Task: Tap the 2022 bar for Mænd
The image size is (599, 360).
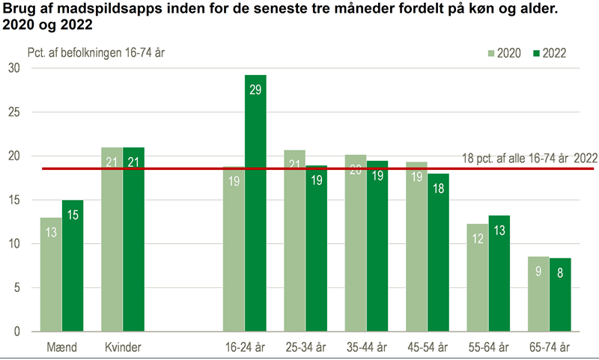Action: [73, 266]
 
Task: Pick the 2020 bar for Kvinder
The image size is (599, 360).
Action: [112, 240]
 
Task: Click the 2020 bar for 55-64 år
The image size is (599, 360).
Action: [478, 278]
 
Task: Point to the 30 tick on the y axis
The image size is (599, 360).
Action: [14, 68]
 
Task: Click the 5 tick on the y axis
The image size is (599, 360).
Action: [17, 288]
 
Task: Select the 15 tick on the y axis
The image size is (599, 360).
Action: [14, 201]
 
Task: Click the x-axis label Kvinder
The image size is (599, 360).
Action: [123, 347]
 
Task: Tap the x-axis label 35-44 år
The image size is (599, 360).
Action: [366, 347]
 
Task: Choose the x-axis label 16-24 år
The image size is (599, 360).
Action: [244, 347]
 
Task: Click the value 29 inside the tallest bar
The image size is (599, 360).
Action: [255, 90]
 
